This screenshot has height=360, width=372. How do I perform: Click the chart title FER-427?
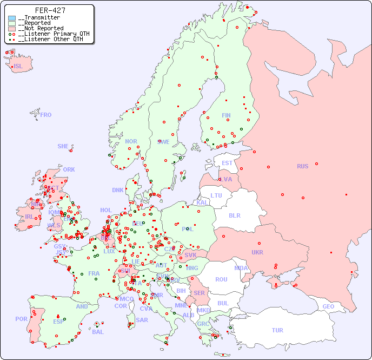50,10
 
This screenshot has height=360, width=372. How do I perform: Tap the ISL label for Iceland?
18,67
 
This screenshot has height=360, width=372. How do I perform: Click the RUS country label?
302,166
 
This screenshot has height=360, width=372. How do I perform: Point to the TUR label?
277,330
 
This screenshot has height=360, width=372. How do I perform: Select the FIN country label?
226,115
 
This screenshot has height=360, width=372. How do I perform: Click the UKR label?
257,252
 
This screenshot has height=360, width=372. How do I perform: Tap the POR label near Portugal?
21,319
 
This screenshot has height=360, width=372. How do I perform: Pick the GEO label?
328,306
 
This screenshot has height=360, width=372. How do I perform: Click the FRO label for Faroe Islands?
46,115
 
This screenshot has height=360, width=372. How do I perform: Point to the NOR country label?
131,141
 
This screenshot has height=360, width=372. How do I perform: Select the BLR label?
234,215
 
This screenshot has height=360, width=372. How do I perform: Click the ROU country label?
221,279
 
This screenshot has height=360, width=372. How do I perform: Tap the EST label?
227,163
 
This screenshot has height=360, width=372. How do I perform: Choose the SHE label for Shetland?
63,146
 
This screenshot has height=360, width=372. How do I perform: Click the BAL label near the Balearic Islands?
97,332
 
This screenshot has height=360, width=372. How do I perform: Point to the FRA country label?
94,273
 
